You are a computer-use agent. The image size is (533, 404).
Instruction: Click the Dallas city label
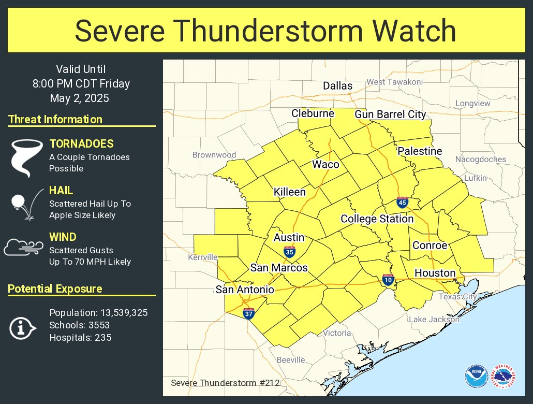(x=337, y=86)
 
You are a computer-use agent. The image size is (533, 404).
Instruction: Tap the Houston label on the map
(x=435, y=273)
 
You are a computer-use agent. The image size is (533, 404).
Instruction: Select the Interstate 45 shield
(x=402, y=203)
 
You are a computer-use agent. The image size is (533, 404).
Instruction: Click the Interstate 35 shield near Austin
(x=290, y=252)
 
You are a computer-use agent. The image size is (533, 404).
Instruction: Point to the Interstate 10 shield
(x=388, y=280)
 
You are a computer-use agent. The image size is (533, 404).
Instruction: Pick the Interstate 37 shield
(x=248, y=313)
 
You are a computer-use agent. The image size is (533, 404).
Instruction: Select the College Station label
(x=377, y=219)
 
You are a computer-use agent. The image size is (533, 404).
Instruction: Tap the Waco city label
(x=325, y=165)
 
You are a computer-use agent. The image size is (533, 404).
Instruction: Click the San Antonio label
(x=245, y=290)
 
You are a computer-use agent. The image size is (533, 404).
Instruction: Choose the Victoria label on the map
(x=337, y=333)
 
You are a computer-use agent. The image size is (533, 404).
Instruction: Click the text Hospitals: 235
(x=80, y=338)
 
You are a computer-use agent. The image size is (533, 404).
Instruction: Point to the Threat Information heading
(x=55, y=120)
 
